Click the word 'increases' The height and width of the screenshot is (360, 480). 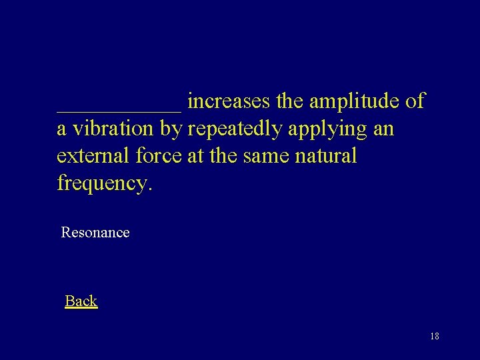coord(229,101)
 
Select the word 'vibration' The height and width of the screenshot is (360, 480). coord(113,129)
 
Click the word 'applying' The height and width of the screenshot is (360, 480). coord(327,129)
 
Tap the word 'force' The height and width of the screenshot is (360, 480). coord(159,156)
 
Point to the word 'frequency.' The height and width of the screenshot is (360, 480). coord(105,183)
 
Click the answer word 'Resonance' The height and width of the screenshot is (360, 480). coord(95,233)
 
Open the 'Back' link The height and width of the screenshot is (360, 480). coord(81,301)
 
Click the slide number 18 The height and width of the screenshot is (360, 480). coord(434,336)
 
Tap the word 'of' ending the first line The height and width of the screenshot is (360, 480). coord(415,101)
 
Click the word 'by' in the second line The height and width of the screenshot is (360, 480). coord(172,129)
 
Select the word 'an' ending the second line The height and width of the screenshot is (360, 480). coord(384,129)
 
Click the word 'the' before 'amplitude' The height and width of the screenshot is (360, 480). coord(289,101)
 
